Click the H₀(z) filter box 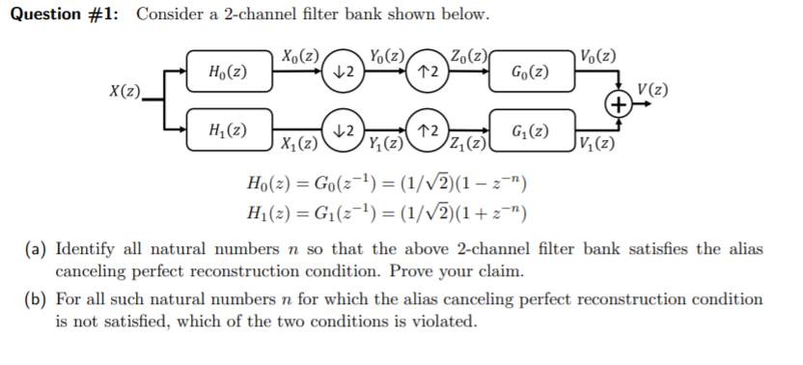click(x=226, y=72)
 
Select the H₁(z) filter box click(x=226, y=129)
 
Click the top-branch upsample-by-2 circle click(x=427, y=72)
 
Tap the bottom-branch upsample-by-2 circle click(x=427, y=129)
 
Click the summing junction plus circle click(x=615, y=102)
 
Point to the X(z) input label click(x=123, y=92)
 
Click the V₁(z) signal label click(x=595, y=147)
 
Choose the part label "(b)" click(x=36, y=300)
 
